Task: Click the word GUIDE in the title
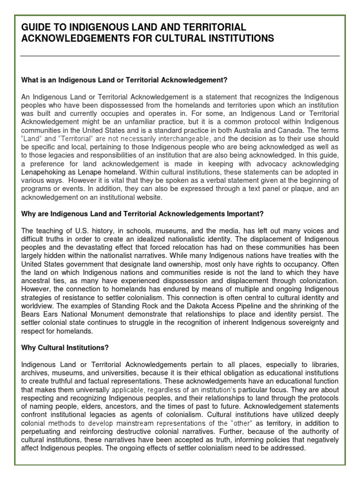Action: (36, 28)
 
